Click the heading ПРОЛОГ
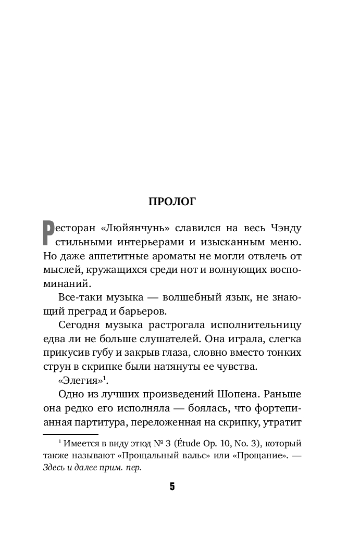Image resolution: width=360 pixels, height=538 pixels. (x=172, y=202)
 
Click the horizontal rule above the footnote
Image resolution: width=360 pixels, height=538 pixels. (x=70, y=434)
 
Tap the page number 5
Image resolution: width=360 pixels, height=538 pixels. (x=172, y=487)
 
